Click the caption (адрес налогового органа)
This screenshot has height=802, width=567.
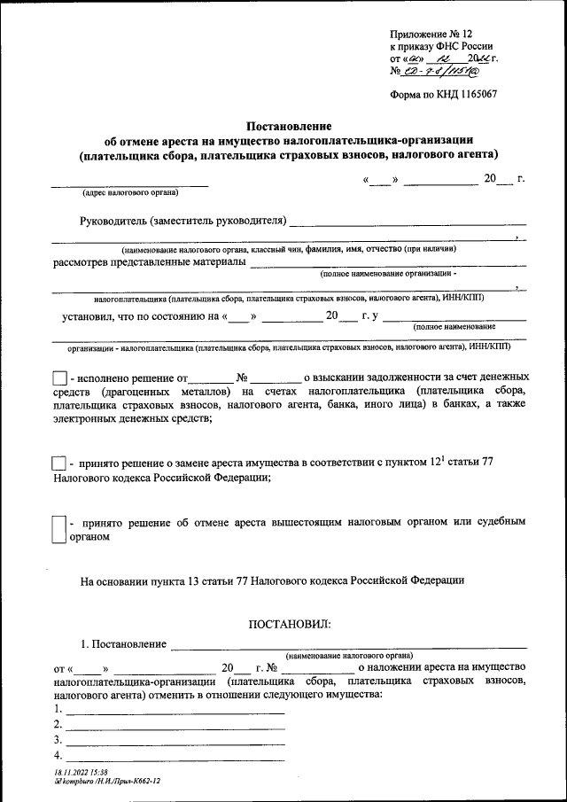(129, 192)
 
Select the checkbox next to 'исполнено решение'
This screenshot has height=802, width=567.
(59, 378)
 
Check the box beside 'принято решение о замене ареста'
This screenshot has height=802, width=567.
(59, 463)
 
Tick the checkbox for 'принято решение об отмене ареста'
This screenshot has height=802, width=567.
(59, 529)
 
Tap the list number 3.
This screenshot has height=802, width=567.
(58, 740)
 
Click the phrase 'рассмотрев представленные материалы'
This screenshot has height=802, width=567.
(148, 262)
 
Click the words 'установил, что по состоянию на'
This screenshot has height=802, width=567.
(140, 315)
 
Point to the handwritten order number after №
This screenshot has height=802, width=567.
(450, 70)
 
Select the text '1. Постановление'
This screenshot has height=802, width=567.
(122, 642)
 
